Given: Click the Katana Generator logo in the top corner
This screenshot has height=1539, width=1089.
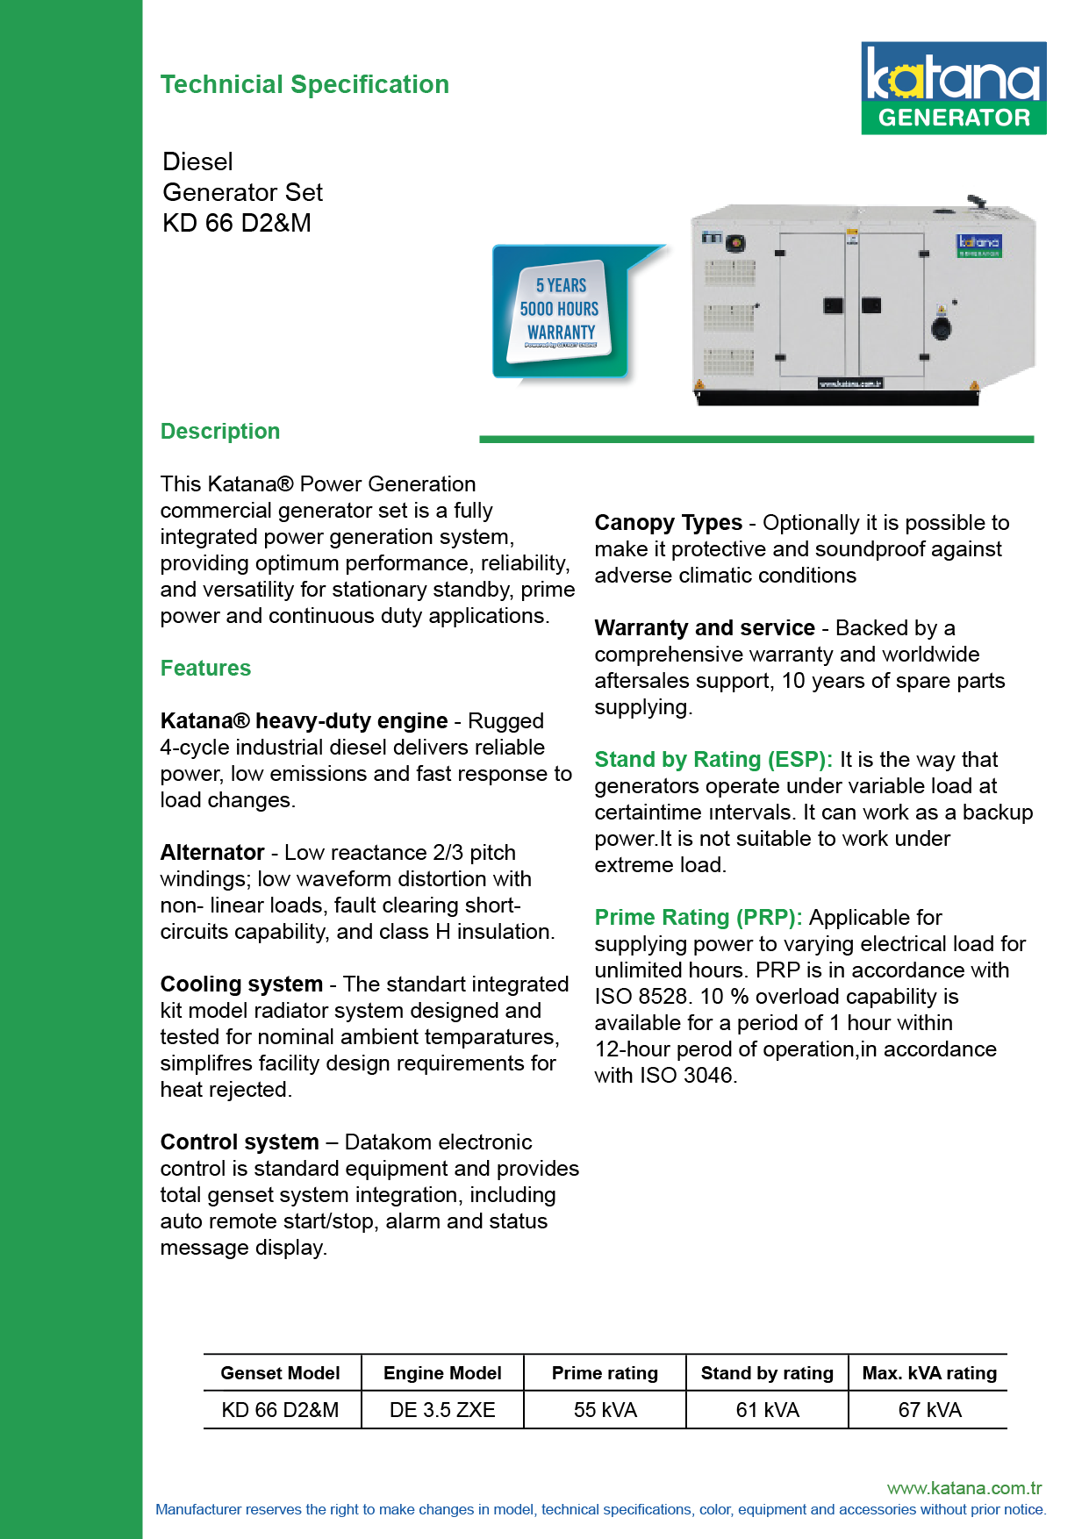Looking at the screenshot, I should (x=953, y=88).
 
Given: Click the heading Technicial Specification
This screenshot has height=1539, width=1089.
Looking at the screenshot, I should (x=304, y=84).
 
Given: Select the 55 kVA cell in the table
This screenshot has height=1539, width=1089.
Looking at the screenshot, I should (x=605, y=1410).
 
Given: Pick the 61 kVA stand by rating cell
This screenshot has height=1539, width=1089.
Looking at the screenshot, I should (x=767, y=1410).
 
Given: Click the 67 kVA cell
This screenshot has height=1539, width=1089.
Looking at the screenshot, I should (x=929, y=1410).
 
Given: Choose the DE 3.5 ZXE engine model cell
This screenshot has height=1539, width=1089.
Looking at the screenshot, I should (x=442, y=1410).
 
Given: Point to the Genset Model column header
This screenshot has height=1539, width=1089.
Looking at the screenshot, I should (x=280, y=1373).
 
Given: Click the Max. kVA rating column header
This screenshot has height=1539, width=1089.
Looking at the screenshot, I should (x=929, y=1373).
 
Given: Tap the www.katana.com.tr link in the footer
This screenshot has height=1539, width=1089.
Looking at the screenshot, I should (x=964, y=1488).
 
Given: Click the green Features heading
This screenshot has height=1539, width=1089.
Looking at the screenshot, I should (x=205, y=669).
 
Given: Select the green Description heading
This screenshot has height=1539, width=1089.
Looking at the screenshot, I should (x=220, y=432).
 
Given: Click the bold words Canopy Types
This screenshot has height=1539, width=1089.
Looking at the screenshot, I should (x=668, y=523).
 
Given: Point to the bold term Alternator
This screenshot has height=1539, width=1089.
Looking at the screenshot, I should (x=212, y=853).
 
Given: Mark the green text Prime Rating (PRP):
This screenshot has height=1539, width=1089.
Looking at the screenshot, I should (x=698, y=918).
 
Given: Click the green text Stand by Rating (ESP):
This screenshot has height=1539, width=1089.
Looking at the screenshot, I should (x=713, y=760).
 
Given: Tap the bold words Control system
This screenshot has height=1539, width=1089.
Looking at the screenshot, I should (x=240, y=1142).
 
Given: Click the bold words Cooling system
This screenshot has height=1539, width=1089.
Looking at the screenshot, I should (x=241, y=984).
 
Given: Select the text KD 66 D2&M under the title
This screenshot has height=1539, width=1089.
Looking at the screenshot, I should (x=237, y=223).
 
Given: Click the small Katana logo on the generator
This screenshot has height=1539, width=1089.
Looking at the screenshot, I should (x=978, y=245).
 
